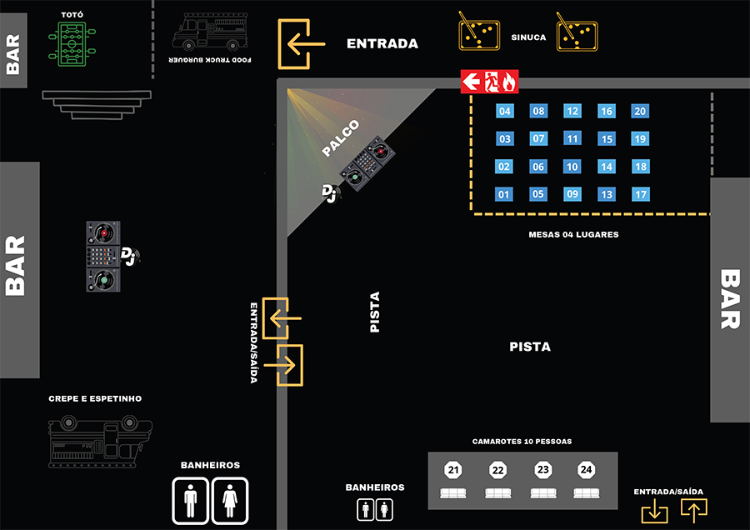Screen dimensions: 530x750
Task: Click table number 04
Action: [x=504, y=112]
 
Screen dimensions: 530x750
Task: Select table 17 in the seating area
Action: [x=640, y=195]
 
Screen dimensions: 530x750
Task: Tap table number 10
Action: [x=572, y=167]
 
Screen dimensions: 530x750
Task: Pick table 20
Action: [x=640, y=112]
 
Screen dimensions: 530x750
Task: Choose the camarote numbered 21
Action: [x=453, y=471]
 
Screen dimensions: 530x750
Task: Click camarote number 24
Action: [x=586, y=471]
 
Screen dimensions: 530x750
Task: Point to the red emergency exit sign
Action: [x=490, y=82]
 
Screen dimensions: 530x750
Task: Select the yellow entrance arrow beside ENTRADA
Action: [x=301, y=43]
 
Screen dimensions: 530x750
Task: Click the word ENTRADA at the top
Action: [x=382, y=44]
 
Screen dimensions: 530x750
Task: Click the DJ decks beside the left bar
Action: [x=104, y=256]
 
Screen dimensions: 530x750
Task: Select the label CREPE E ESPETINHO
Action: [x=95, y=399]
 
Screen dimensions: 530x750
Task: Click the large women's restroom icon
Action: [x=230, y=500]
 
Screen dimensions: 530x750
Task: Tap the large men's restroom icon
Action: [x=191, y=500]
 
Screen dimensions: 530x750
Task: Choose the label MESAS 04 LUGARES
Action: [x=573, y=235]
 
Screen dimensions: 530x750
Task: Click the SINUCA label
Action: [x=529, y=37]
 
